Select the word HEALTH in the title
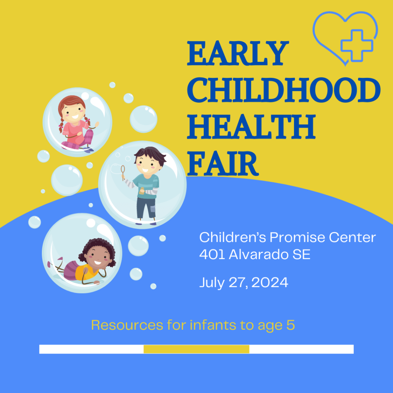251,127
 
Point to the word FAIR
223,163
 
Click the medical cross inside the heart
357,45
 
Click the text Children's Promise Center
287,238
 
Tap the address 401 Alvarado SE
255,254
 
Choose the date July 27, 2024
244,283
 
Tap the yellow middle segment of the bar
196,349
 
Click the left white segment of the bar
91,349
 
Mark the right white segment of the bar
301,349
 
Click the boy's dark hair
151,154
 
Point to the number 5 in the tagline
291,325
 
